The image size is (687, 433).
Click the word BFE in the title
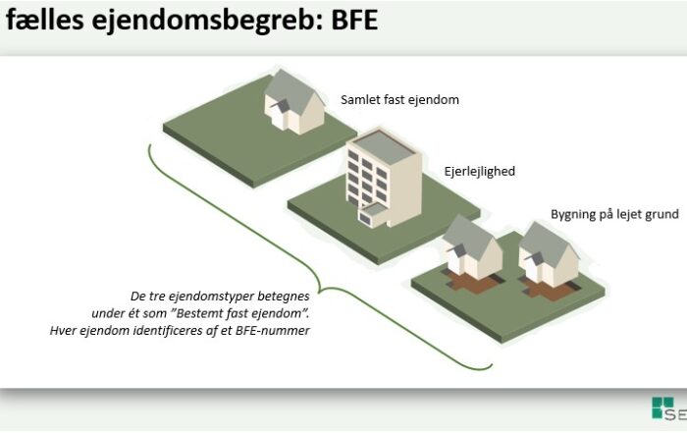tap(354, 20)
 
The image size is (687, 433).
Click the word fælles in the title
tap(44, 20)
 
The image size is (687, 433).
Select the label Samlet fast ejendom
tap(400, 99)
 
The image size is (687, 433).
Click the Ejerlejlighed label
tap(480, 172)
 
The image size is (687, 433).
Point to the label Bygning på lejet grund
tap(614, 214)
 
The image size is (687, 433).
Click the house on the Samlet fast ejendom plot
tap(294, 102)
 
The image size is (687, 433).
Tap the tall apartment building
tap(385, 179)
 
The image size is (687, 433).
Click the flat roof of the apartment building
tap(385, 147)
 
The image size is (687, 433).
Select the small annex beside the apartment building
tap(373, 215)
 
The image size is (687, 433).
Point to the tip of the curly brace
tap(319, 291)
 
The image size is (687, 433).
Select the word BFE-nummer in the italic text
tap(273, 331)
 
